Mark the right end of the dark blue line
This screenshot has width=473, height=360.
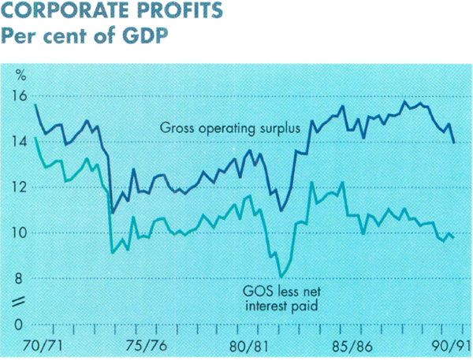tap(454, 142)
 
